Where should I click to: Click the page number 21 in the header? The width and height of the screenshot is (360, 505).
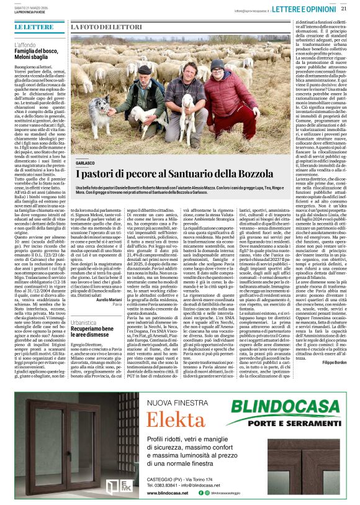pos(344,9)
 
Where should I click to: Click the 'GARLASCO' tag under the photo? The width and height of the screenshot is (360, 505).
pos(86,163)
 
